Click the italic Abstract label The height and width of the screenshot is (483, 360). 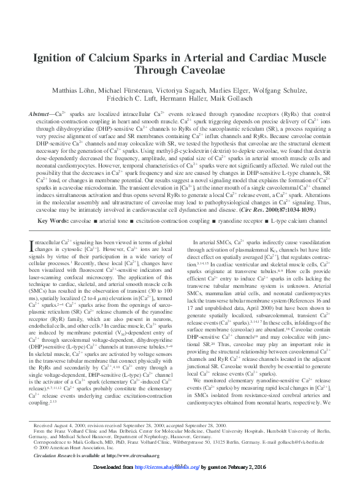pos(40,115)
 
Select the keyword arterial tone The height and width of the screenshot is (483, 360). pos(115,219)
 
